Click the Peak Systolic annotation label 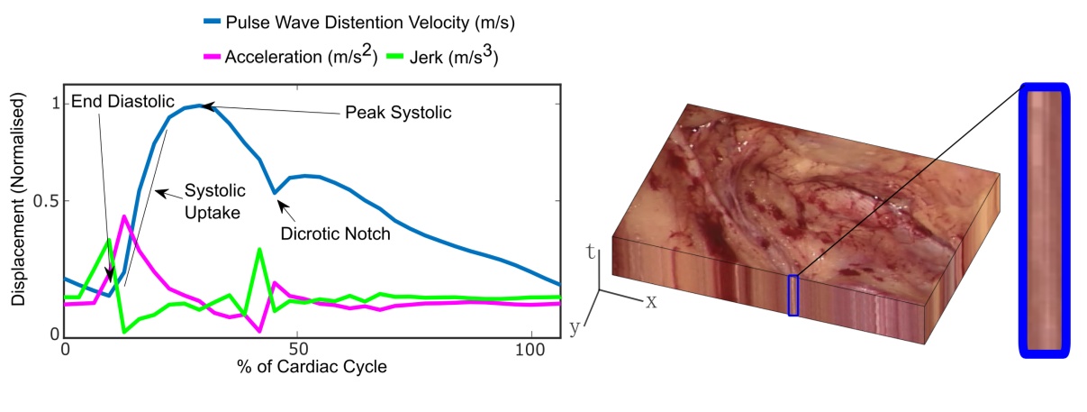[397, 114]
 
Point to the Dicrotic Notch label [336, 233]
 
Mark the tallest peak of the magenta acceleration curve [123, 216]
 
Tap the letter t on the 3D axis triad [591, 252]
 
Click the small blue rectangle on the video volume [793, 295]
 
